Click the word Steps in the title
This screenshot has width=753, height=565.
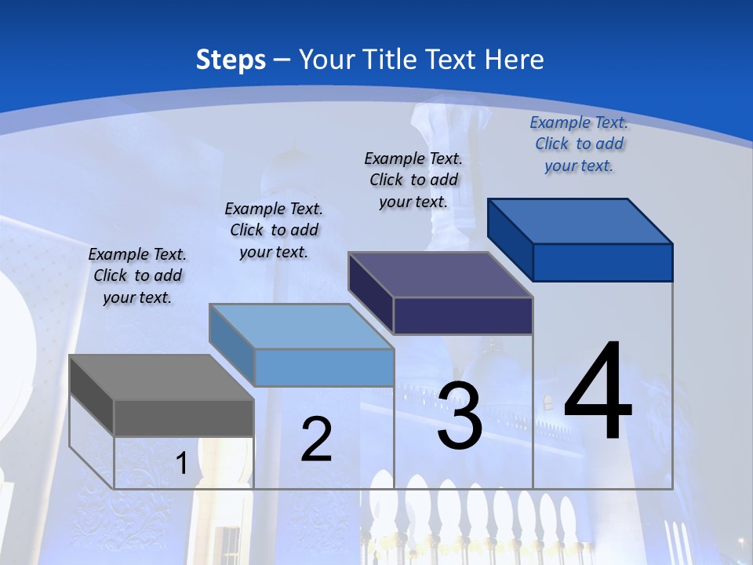point(231,60)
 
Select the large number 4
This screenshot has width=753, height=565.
point(598,392)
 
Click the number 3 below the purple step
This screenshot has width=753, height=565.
point(460,415)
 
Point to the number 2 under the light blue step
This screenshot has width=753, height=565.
point(316,439)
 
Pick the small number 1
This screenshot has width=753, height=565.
point(181,463)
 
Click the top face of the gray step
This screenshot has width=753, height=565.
point(161,377)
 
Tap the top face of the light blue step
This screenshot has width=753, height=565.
point(300,326)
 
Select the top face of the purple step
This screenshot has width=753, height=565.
point(440,275)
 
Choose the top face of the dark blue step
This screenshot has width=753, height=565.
point(580,221)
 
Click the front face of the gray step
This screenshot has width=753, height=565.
point(184,417)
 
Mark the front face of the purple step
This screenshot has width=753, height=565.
point(463,315)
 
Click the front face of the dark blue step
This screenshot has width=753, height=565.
point(602,262)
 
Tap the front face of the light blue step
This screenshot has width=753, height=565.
point(324,367)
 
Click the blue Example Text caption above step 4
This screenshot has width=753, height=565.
point(579,144)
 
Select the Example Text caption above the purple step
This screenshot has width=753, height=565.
point(413,180)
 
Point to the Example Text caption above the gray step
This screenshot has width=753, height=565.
point(137,275)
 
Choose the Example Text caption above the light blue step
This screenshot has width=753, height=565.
point(274,230)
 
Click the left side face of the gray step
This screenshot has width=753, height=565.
point(91,395)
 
